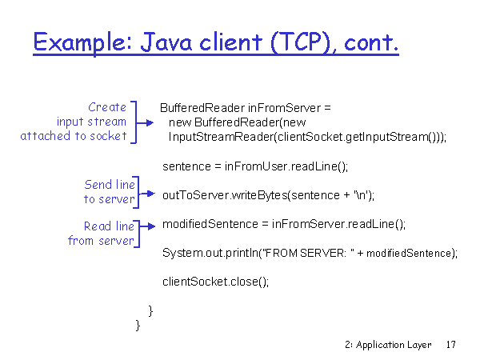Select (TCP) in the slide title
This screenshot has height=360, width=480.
coord(302,42)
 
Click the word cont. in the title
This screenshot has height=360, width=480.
coord(371,43)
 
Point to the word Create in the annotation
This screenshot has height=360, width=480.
coord(107,107)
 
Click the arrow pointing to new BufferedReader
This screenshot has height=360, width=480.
coord(145,122)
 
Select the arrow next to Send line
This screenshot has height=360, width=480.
coord(147,194)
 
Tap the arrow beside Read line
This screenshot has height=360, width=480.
coord(147,226)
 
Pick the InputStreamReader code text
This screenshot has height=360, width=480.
coord(221,137)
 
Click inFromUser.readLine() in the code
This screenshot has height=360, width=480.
coord(286,166)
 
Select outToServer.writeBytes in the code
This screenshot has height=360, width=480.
coord(225,195)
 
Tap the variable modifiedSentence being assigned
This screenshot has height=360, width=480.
coord(210,224)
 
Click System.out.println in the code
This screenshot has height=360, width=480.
coord(210,253)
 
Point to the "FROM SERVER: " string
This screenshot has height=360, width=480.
coord(306,253)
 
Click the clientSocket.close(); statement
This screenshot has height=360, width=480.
coord(215,282)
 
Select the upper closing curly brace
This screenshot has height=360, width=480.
coord(150,310)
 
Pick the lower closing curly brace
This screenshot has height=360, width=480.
coord(138,325)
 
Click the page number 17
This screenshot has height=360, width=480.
coord(451,344)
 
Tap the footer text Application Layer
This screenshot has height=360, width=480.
coord(394,345)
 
